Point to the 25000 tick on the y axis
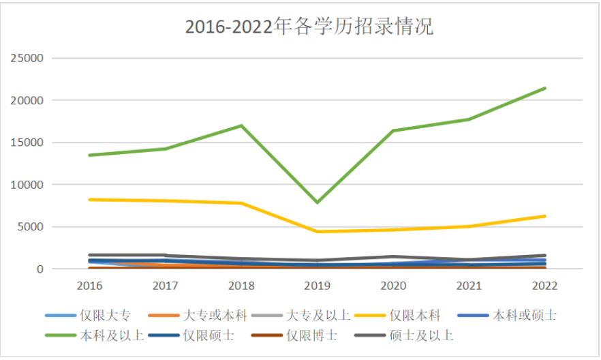(28, 59)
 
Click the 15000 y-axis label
(28, 142)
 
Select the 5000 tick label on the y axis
(31, 227)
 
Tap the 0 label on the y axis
(40, 269)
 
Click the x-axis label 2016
(90, 284)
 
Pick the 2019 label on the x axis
(318, 284)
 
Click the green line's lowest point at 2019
(318, 202)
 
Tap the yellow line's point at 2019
(318, 232)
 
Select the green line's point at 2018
(242, 125)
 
